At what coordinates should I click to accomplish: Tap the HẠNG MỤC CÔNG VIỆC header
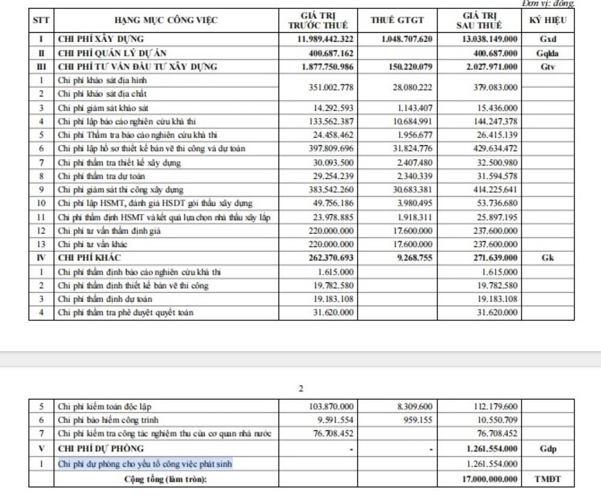[166, 20]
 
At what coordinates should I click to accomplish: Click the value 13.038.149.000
[491, 40]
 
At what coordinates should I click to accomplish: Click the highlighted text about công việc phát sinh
[145, 464]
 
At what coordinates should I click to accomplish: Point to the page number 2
[300, 388]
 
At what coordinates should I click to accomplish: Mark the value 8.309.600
[415, 406]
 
